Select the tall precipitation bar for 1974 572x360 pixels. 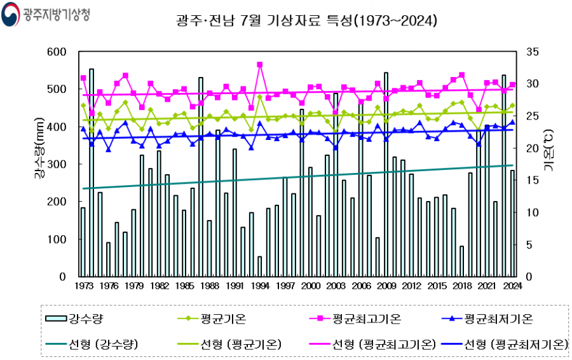(92, 172)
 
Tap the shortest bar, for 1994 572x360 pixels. (259, 267)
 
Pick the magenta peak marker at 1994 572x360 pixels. (259, 64)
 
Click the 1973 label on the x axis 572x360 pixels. (83, 286)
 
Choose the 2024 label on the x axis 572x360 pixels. (512, 286)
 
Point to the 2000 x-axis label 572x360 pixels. (310, 286)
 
